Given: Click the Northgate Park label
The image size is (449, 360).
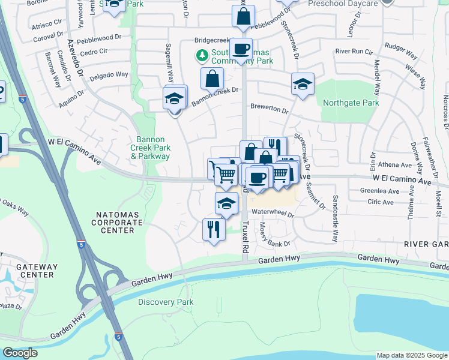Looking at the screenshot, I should [351, 103].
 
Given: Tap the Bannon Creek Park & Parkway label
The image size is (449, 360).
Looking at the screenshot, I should [151, 148].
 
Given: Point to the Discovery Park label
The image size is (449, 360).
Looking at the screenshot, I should [166, 302].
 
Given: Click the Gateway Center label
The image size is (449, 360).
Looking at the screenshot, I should [37, 271].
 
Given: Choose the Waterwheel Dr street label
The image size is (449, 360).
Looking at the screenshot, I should [273, 214].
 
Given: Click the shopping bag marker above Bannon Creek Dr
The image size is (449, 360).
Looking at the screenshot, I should [212, 78].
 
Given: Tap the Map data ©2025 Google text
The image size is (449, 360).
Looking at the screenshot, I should [411, 355].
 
